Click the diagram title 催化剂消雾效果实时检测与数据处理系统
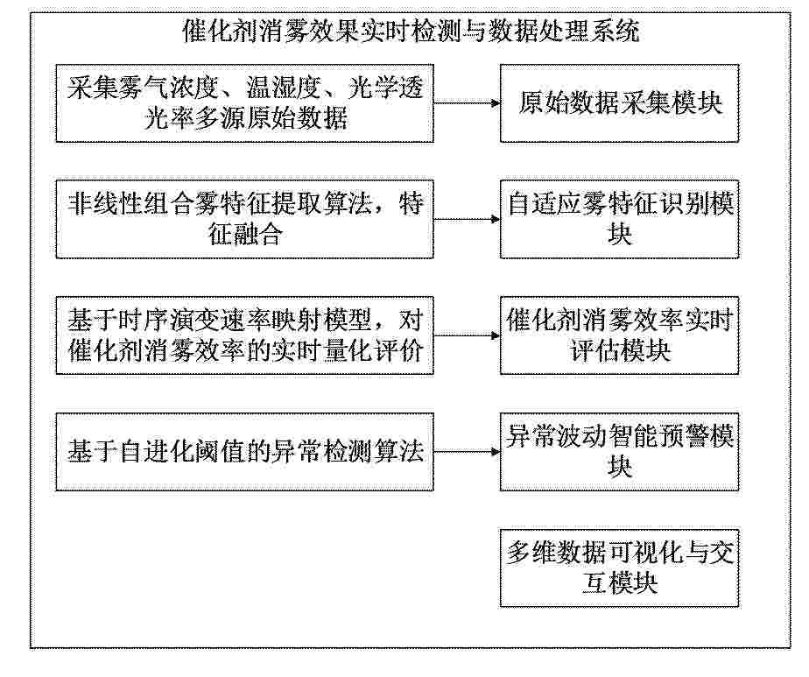(x=412, y=32)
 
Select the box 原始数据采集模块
(x=619, y=103)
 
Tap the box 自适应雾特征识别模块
(x=619, y=219)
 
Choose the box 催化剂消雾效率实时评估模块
(x=619, y=335)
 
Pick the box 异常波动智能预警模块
(x=619, y=452)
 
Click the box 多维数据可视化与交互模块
(x=619, y=568)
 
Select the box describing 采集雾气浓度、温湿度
(x=244, y=103)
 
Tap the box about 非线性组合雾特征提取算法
(x=244, y=219)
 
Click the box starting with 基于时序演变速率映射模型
(x=244, y=335)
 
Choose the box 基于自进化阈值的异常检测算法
(x=244, y=452)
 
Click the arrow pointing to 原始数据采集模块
(x=467, y=103)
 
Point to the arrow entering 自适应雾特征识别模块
(x=467, y=219)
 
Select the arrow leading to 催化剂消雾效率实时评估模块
(x=467, y=336)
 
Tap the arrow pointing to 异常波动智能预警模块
(x=467, y=452)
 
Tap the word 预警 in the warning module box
(x=682, y=436)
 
